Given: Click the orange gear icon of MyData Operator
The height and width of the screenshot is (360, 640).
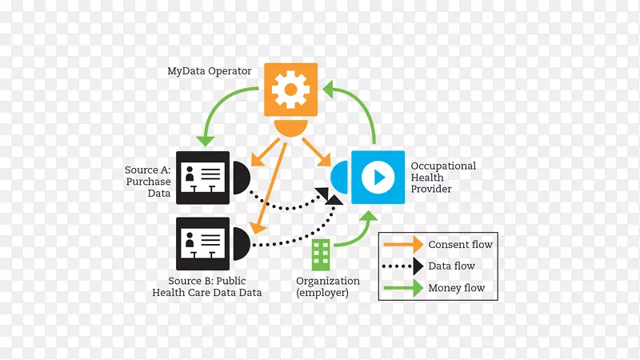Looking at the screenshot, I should click(290, 90).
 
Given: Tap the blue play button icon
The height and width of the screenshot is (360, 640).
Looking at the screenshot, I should click(378, 177).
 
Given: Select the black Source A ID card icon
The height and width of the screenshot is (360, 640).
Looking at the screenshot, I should click(202, 178).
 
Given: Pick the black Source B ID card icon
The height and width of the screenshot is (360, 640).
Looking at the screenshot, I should click(202, 243).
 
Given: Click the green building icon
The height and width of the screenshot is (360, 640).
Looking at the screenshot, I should click(322, 254).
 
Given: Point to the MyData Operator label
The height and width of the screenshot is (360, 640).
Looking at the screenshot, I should click(210, 71).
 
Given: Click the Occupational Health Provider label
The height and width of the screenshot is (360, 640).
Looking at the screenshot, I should click(443, 178).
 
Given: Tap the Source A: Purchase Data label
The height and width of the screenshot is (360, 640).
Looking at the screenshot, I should click(148, 182).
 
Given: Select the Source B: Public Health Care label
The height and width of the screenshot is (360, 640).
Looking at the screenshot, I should click(207, 286).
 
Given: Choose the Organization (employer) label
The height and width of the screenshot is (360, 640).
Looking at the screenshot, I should click(328, 286).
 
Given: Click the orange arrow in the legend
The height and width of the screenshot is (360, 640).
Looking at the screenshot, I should click(404, 244).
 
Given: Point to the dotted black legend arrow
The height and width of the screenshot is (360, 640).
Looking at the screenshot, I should click(404, 266).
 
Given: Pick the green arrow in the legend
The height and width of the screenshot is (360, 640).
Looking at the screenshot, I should click(404, 288).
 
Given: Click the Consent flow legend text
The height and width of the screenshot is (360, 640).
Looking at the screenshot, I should click(460, 244).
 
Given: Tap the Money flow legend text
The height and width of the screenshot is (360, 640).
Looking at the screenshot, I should click(456, 288).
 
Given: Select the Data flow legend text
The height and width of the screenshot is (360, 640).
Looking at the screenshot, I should click(451, 266).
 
